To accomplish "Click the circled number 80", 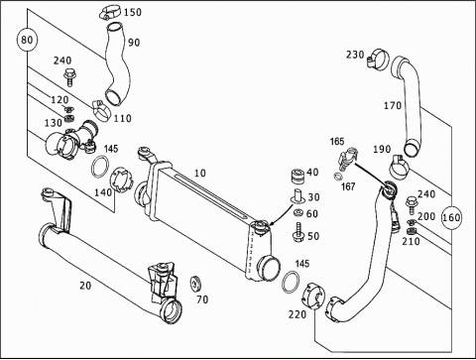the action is (x=27, y=40).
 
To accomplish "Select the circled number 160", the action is (x=451, y=217).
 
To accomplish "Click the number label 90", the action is (x=134, y=43).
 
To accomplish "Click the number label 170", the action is (x=393, y=106).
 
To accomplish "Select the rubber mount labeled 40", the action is (x=297, y=176).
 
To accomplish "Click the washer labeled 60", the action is (x=298, y=212).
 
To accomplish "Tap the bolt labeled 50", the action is (x=298, y=232).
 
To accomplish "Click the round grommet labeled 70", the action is (x=195, y=284).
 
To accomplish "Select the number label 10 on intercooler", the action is (x=199, y=173).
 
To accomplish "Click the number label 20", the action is (x=85, y=285).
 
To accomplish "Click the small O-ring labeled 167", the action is (x=338, y=176).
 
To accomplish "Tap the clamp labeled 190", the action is (x=400, y=166).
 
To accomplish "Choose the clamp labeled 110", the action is (x=100, y=110).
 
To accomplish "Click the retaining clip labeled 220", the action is (x=313, y=296).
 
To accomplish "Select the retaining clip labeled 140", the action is (x=122, y=180).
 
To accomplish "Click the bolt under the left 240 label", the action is (x=69, y=77).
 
